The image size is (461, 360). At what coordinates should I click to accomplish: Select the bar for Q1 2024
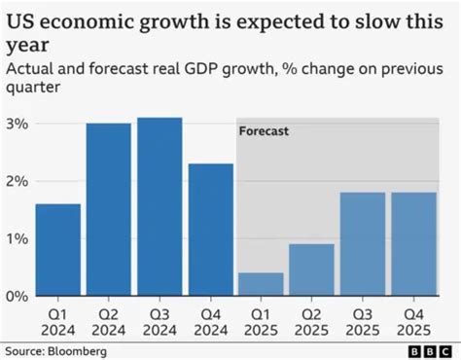(57, 250)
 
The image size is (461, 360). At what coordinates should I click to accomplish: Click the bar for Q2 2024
(108, 210)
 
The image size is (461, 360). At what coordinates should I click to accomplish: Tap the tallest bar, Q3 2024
(159, 207)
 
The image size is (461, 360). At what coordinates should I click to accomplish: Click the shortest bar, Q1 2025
(260, 284)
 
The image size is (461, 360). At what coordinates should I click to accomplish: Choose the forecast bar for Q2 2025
(310, 270)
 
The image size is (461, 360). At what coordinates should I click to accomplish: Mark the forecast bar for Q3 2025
(361, 244)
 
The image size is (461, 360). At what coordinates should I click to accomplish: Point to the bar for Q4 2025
(411, 244)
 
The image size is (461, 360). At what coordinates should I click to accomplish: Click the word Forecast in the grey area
(264, 129)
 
